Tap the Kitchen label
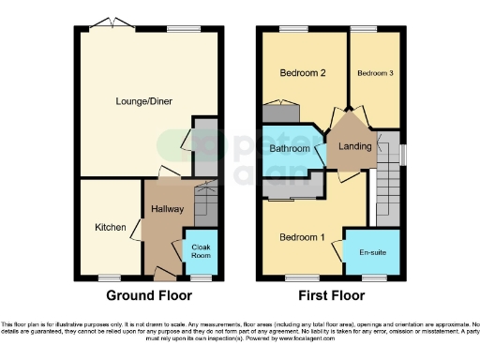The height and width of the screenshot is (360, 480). click(111, 227)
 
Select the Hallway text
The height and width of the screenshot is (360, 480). click(167, 208)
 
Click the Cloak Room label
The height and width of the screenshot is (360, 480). click(201, 250)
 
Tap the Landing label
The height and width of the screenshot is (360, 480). click(354, 146)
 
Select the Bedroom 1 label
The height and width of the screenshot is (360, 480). click(302, 237)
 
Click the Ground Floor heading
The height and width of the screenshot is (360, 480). click(149, 295)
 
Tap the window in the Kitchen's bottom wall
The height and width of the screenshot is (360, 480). click(111, 277)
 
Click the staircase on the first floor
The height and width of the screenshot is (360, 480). click(385, 198)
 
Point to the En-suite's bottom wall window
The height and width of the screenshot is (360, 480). click(374, 277)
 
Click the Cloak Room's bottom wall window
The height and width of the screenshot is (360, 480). click(199, 277)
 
